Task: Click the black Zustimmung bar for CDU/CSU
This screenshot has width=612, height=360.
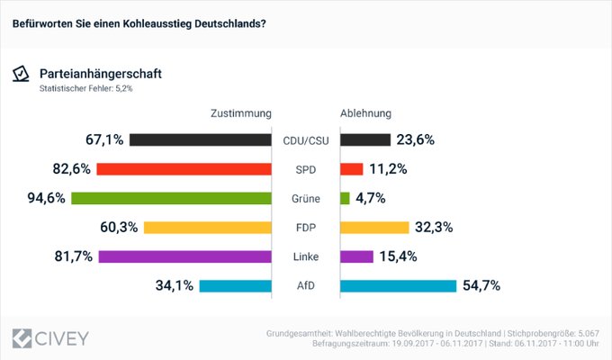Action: pos(201,139)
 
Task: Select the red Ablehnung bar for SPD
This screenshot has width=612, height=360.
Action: pos(352,169)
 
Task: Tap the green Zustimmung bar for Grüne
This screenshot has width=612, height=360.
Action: pos(171,198)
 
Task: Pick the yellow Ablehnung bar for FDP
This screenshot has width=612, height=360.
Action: pos(374,228)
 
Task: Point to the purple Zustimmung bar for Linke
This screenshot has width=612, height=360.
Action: pos(184,256)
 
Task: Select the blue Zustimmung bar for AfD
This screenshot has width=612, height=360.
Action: pos(235,286)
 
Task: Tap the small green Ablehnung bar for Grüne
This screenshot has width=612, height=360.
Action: pos(345,198)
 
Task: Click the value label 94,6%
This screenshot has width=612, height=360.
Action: pos(45,198)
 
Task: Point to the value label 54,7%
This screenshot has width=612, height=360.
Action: pos(481,286)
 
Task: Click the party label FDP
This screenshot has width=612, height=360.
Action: pos(306,228)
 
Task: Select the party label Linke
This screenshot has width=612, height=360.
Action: pos(306,256)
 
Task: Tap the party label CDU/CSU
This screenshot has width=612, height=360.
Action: pos(306,139)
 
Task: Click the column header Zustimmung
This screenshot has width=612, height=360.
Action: pos(241,114)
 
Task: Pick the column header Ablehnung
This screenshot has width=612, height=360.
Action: pos(365,114)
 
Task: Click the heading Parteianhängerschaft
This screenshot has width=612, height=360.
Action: pos(101,73)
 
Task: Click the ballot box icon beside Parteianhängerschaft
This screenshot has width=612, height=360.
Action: pos(21,75)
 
